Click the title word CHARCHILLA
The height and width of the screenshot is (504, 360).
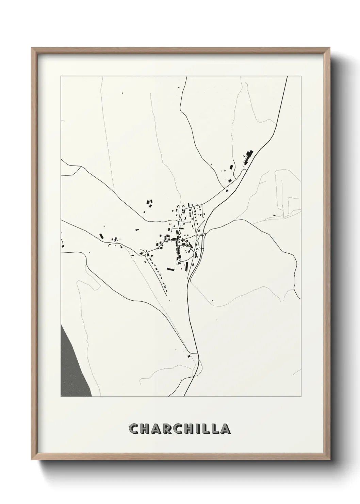click(x=180, y=429)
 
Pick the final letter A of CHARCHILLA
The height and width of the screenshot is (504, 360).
click(x=225, y=429)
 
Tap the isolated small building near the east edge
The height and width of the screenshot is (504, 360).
click(x=274, y=215)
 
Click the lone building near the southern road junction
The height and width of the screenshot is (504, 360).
click(x=189, y=356)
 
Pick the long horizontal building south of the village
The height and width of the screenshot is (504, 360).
click(x=170, y=269)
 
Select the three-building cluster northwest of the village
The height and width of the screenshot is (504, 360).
click(x=149, y=204)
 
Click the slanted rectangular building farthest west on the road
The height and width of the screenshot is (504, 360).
click(x=101, y=236)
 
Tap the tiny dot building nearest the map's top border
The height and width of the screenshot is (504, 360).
click(x=179, y=88)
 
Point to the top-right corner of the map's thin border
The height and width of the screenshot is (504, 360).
click(x=301, y=76)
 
